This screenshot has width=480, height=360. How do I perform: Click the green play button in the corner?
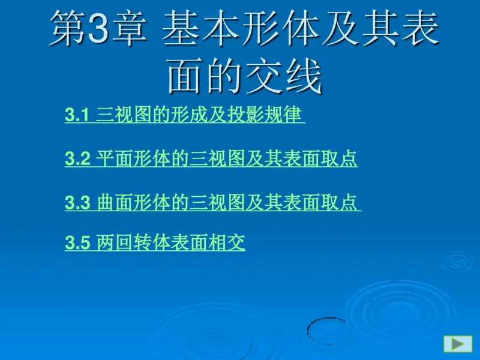pos(458,344)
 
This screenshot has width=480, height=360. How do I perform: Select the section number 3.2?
pos(77,159)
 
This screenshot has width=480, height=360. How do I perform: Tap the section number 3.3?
pos(77,203)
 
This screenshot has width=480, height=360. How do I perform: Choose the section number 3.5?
pos(77,243)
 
